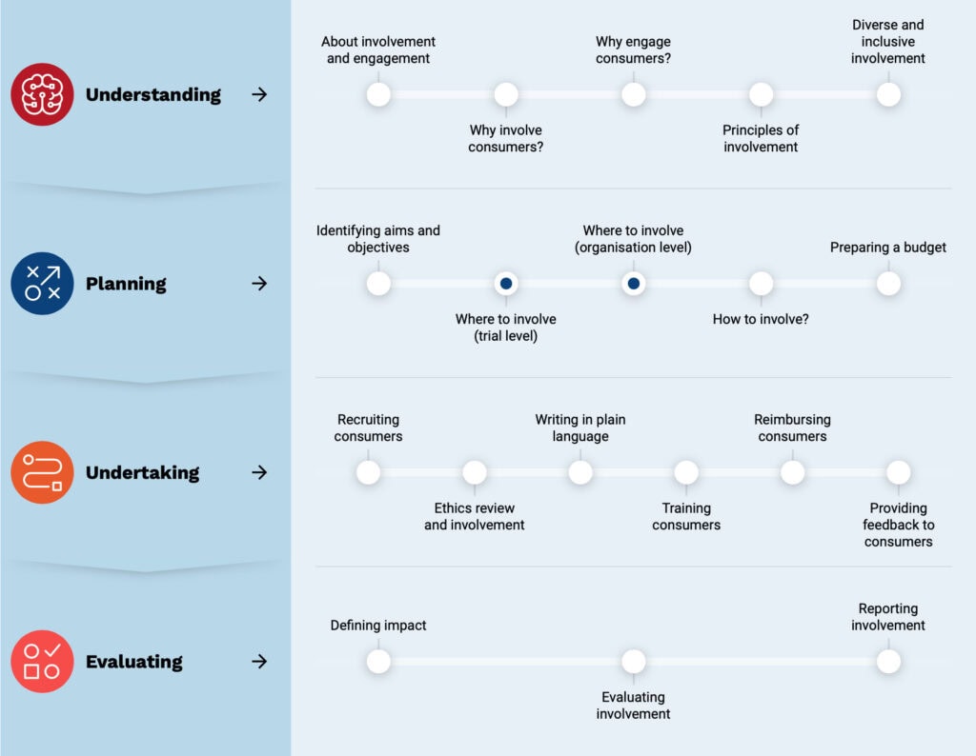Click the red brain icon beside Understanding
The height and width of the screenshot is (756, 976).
click(42, 94)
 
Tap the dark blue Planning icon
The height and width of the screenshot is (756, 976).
click(42, 284)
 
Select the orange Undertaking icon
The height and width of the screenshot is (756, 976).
click(42, 472)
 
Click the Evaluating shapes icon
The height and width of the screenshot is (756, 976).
click(42, 662)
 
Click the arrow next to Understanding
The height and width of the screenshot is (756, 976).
click(259, 94)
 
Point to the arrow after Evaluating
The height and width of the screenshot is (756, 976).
click(259, 662)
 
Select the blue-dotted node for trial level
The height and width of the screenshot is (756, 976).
click(506, 284)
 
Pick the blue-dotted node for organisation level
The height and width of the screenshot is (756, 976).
click(634, 284)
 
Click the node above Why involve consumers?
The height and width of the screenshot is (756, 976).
click(506, 94)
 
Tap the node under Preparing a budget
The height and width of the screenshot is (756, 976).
click(888, 284)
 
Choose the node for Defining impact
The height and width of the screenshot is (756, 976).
click(378, 662)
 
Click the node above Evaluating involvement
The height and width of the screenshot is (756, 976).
click(634, 662)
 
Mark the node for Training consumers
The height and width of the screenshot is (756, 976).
click(686, 472)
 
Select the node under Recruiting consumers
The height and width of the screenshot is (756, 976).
click(369, 472)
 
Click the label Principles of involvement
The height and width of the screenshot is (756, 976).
click(761, 139)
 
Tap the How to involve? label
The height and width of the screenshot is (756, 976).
click(761, 319)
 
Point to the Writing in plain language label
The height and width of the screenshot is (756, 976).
click(580, 428)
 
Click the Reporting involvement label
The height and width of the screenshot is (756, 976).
click(888, 617)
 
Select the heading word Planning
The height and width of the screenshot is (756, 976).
click(126, 284)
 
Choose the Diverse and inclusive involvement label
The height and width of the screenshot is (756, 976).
click(888, 42)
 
